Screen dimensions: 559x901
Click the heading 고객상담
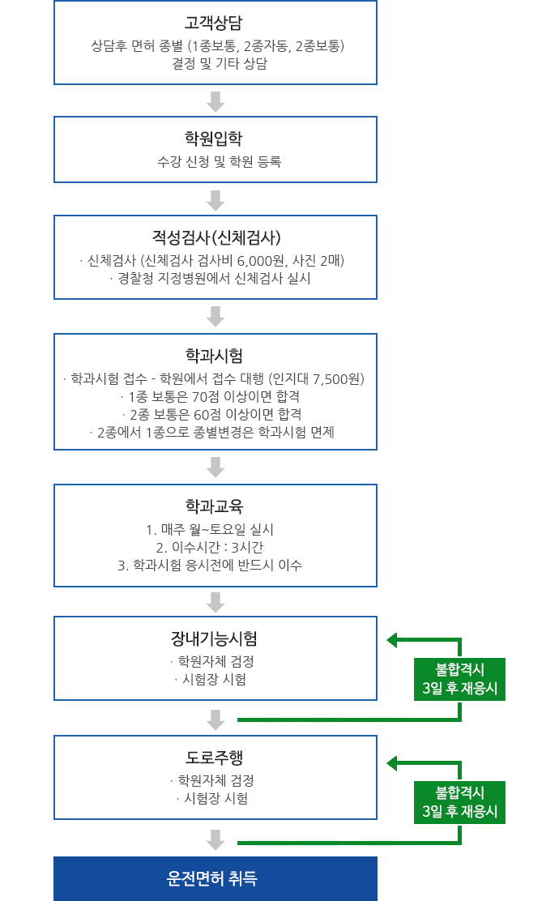click(214, 23)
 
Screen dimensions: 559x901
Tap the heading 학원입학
click(214, 139)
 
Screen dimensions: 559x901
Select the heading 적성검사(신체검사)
click(216, 237)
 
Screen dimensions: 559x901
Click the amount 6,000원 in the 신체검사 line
click(261, 261)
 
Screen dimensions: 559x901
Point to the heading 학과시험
click(215, 356)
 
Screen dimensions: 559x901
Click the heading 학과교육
click(215, 506)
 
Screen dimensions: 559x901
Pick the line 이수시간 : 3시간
click(210, 548)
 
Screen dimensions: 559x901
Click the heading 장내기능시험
click(214, 638)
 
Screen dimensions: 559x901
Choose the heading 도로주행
click(215, 758)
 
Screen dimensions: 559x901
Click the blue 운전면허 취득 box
click(215, 878)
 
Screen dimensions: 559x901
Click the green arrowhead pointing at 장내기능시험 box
click(392, 640)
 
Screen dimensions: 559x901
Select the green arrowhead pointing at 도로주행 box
click(392, 763)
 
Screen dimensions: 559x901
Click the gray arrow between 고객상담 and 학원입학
click(215, 101)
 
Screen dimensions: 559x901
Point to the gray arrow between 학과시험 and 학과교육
click(215, 468)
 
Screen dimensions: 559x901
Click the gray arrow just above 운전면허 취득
click(215, 839)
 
